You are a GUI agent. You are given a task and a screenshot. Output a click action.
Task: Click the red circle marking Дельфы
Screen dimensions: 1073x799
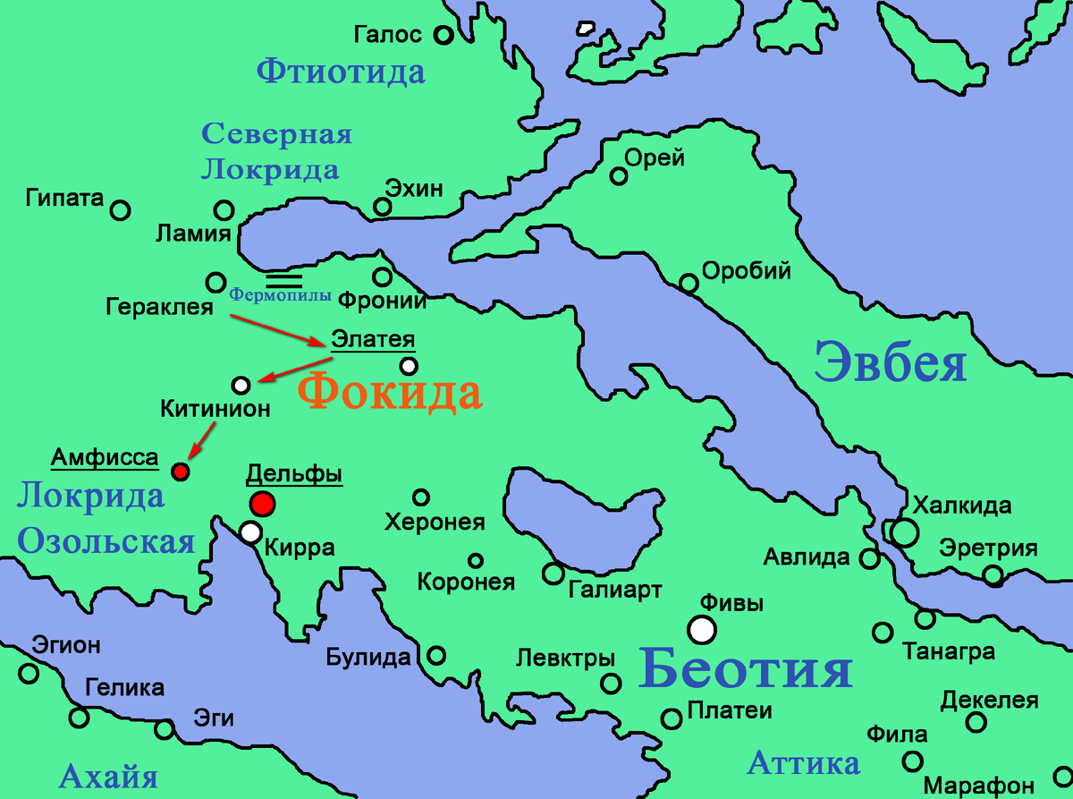pos(262,504)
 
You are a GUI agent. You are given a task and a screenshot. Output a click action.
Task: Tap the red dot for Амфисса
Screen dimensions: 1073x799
pos(181,471)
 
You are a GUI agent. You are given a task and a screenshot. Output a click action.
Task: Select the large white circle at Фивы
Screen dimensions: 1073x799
pos(703,630)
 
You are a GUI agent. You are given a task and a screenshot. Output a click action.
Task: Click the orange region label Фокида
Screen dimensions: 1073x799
pos(389,394)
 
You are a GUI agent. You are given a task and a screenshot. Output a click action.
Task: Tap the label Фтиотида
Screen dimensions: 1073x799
pos(341,71)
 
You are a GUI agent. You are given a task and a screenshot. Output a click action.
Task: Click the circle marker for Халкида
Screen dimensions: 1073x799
pos(904,532)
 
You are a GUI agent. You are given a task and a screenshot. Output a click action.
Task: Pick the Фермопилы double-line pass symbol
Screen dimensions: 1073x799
pos(283,279)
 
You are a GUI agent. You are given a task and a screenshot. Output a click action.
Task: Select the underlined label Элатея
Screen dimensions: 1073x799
pos(374,340)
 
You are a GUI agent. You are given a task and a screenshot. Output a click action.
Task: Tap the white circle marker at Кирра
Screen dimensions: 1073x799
pos(251,532)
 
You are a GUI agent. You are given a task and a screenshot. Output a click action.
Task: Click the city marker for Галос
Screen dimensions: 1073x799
pos(443,36)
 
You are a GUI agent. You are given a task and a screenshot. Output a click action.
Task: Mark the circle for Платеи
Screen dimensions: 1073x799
pos(672,718)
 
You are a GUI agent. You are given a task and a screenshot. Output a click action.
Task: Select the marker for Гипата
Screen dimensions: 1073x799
pos(121,210)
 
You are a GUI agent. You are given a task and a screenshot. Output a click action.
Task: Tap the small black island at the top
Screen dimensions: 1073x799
pos(587,29)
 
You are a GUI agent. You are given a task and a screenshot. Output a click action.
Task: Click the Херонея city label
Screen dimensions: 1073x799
pos(434,523)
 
